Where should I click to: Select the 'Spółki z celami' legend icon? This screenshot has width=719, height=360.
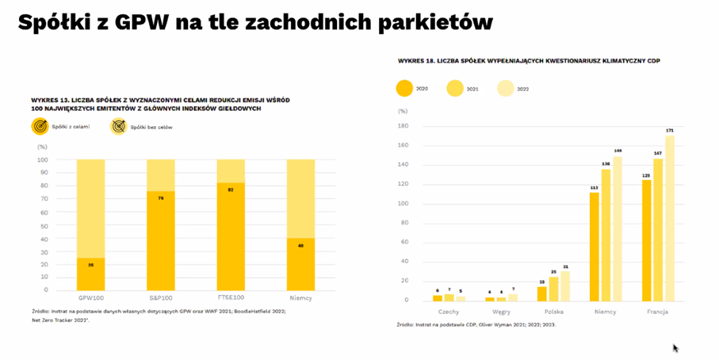pyautogui.click(x=40, y=127)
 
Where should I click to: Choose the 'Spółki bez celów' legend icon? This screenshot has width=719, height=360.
pyautogui.click(x=118, y=127)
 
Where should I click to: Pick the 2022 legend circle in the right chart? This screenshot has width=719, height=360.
pyautogui.click(x=505, y=88)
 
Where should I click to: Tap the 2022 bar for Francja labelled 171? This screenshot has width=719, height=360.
pyautogui.click(x=669, y=218)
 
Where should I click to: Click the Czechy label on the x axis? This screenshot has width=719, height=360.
pyautogui.click(x=449, y=312)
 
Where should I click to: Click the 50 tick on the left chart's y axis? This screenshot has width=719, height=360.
pyautogui.click(x=44, y=224)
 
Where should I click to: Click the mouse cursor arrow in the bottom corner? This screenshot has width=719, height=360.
pyautogui.click(x=675, y=347)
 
